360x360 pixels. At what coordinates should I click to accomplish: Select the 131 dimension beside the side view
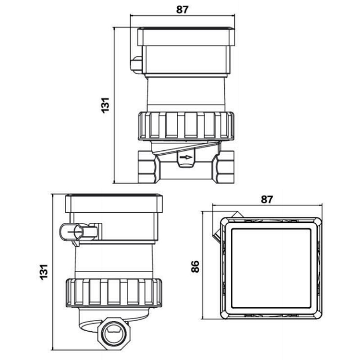point(44,272)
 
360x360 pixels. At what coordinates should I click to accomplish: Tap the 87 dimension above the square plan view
point(267,199)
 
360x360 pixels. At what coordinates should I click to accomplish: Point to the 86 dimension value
point(195,266)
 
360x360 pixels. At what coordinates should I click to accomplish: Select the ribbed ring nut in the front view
point(186,125)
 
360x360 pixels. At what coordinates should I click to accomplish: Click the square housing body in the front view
point(186,61)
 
